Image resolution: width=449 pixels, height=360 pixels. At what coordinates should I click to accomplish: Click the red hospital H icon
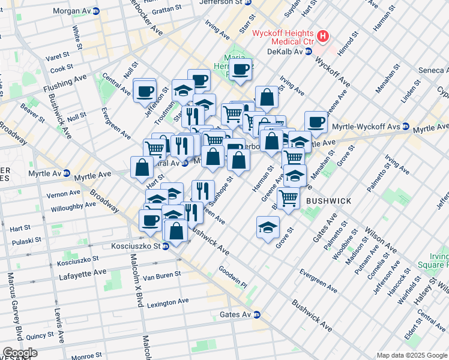(x=324, y=36)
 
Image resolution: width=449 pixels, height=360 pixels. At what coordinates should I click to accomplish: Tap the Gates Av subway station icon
(x=256, y=314)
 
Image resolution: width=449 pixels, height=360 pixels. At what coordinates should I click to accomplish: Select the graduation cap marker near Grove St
(x=268, y=226)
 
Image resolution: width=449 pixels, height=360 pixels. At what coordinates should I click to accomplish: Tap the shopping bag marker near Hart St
(x=142, y=168)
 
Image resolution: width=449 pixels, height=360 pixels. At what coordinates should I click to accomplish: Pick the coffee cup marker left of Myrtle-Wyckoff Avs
(x=316, y=122)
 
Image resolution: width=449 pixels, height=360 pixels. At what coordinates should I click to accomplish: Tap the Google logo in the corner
(x=20, y=353)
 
